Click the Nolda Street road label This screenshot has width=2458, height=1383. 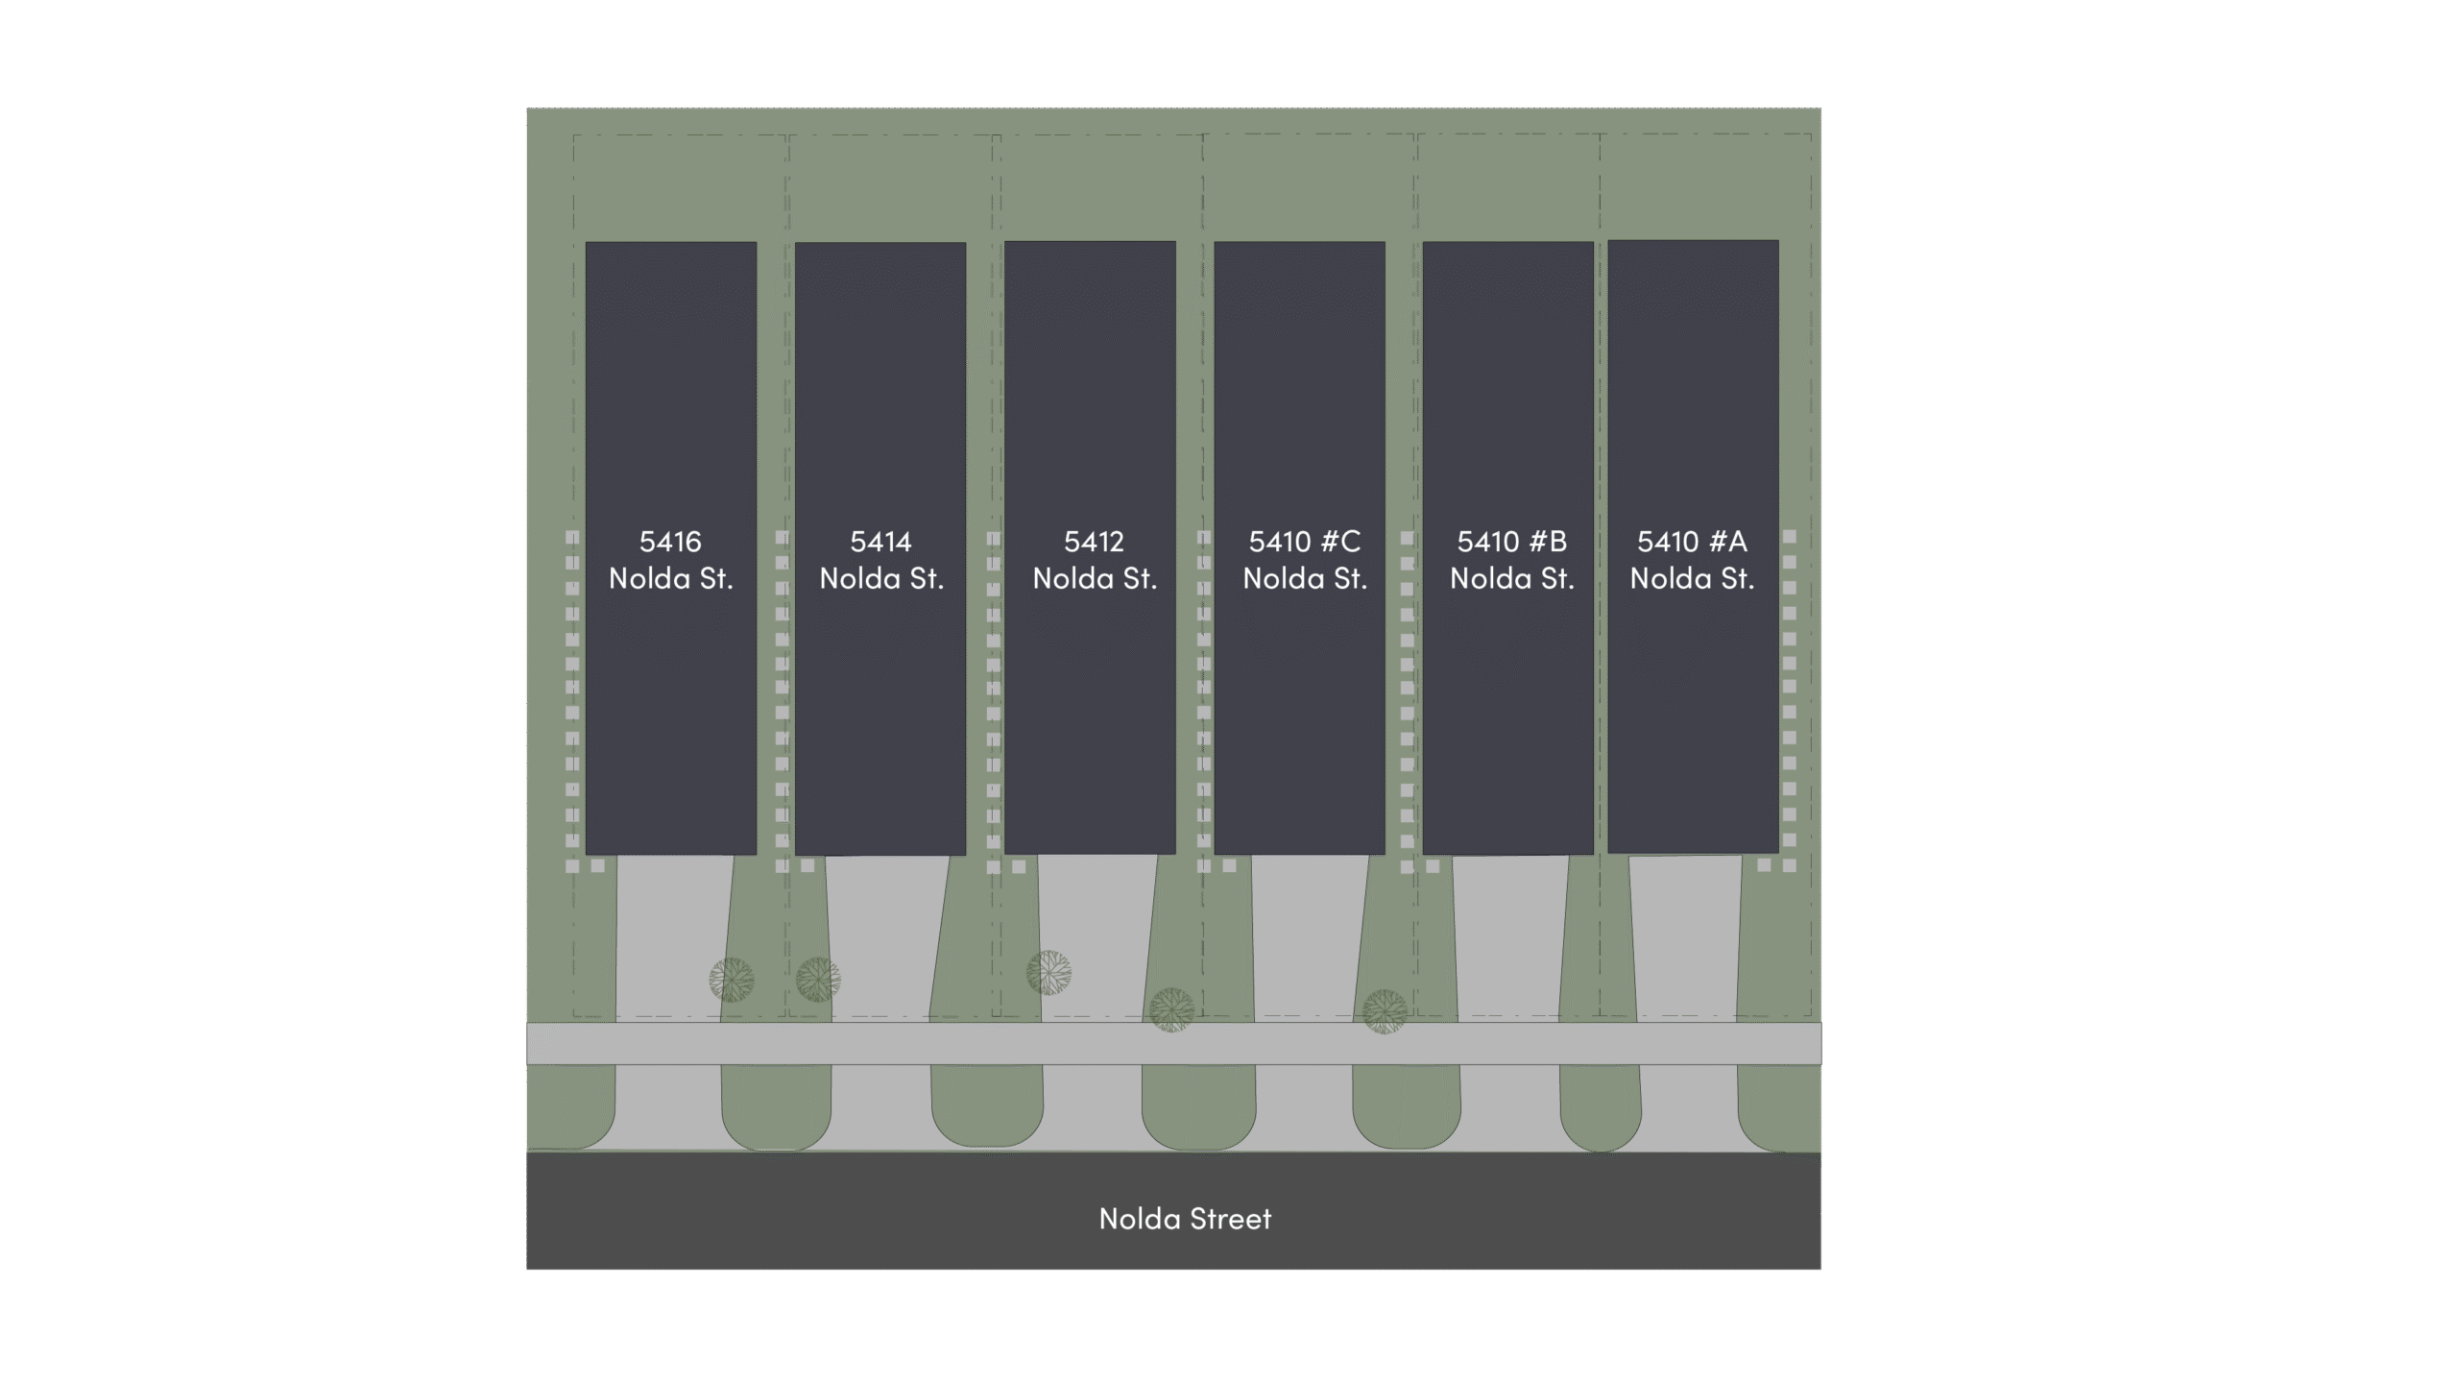(x=1185, y=1219)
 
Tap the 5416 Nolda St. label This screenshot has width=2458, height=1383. (x=670, y=560)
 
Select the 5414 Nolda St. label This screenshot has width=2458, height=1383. (x=880, y=560)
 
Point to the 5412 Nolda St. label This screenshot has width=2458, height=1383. (x=1094, y=560)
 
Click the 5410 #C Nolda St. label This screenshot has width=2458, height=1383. (x=1304, y=560)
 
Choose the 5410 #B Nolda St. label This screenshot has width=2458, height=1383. (x=1511, y=560)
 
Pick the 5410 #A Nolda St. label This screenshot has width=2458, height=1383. (x=1692, y=560)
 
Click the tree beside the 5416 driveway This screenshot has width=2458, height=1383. (x=732, y=980)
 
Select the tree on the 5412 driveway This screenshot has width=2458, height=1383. (x=1048, y=973)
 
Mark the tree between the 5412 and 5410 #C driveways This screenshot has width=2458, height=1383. (x=1171, y=1009)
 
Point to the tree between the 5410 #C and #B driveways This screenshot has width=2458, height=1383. (x=1385, y=1011)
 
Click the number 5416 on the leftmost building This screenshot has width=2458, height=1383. (x=670, y=542)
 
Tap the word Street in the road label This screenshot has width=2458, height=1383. (x=1230, y=1219)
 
